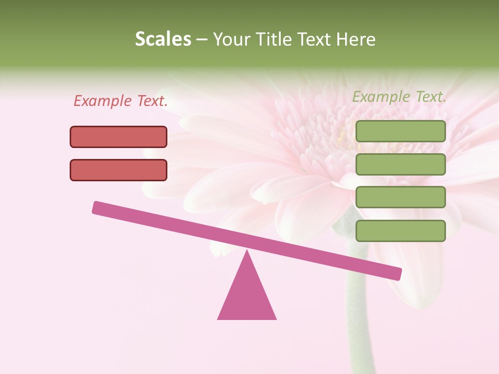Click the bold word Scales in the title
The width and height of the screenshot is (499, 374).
coord(163,39)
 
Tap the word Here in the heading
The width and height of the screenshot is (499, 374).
coord(356,39)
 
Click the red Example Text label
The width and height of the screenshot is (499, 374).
coord(121,101)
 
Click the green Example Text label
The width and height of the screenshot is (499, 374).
coord(399,97)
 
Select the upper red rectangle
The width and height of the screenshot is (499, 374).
coord(119,137)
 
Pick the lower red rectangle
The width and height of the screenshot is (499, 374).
coord(119,170)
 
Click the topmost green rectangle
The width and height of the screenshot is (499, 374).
coord(400,131)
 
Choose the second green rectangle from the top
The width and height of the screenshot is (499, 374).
coord(400,164)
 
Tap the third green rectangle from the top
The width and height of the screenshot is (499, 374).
coord(400,197)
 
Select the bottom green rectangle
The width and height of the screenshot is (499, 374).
coord(400,231)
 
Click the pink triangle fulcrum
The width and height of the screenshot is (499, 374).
coord(247,296)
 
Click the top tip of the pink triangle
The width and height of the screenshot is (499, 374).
coord(247,251)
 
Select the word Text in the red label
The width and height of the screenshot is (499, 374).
coord(152,101)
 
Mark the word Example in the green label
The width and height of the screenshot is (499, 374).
coord(381,97)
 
